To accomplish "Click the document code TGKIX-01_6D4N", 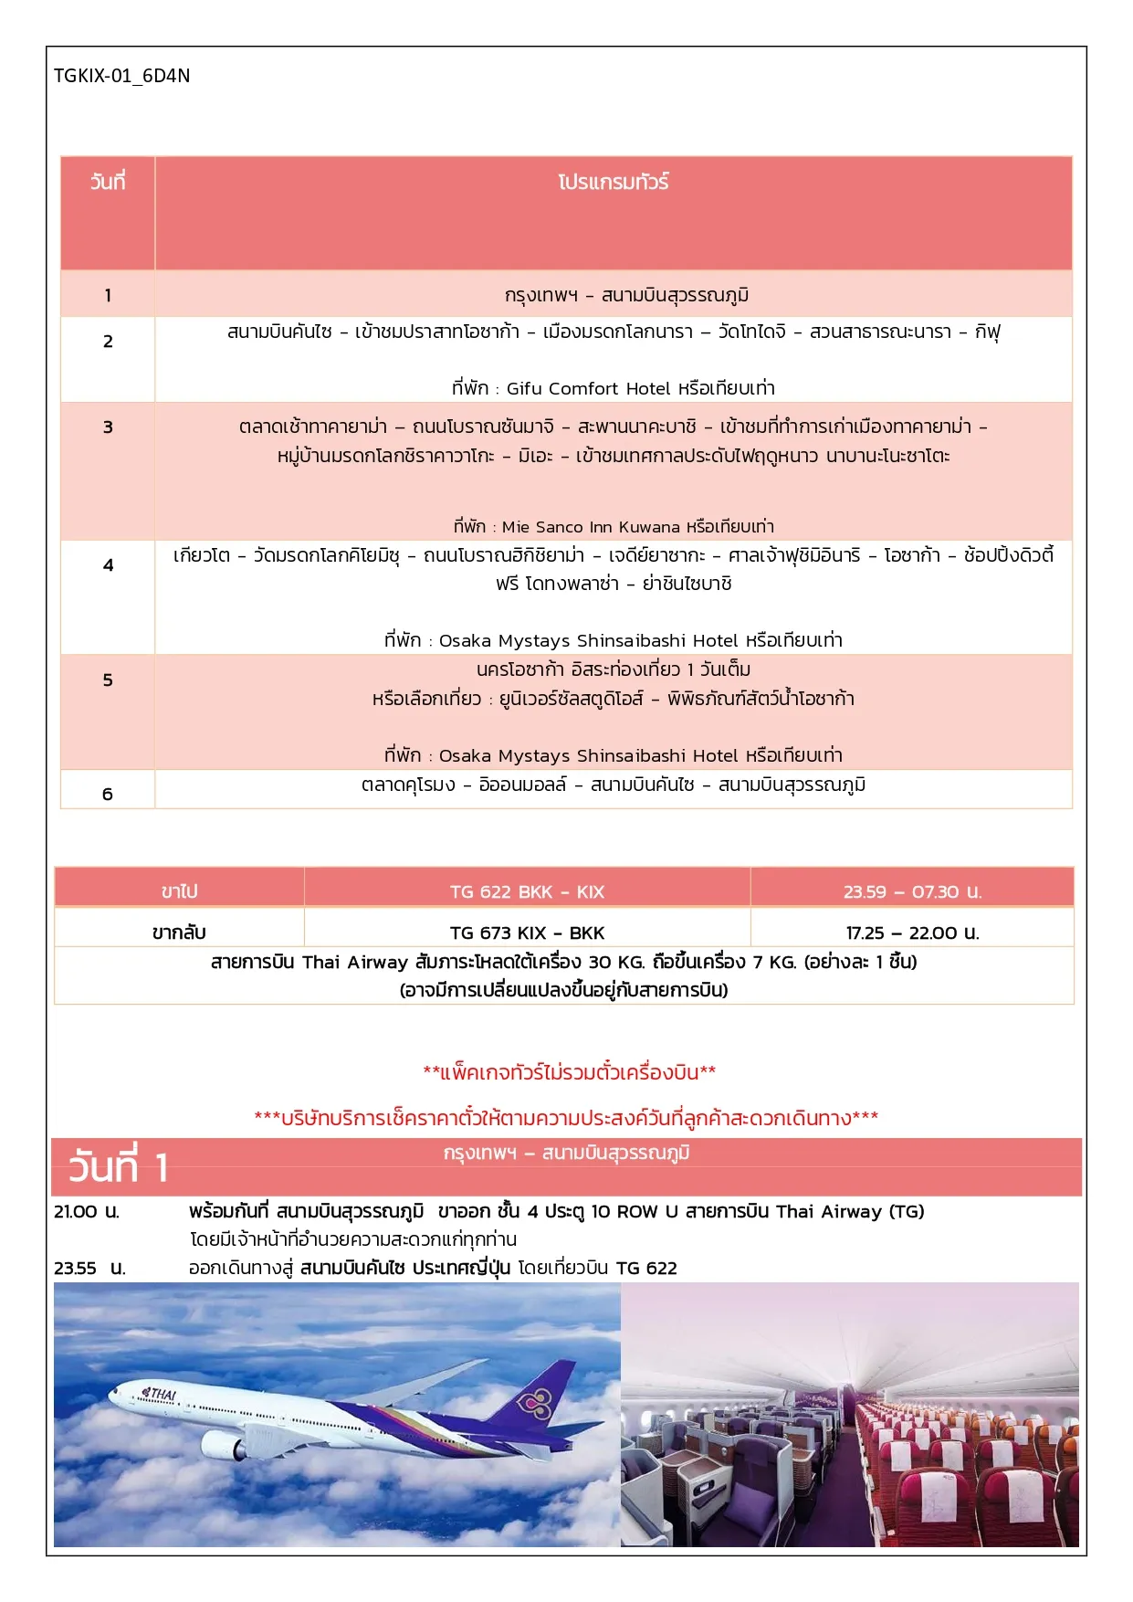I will tap(121, 76).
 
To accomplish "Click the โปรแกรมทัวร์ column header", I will tap(613, 183).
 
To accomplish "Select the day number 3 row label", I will tap(108, 427).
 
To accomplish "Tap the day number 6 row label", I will tap(108, 794).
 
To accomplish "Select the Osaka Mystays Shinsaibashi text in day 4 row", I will tap(588, 640).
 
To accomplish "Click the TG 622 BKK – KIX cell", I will tap(527, 891).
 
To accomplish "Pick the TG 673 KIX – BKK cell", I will tap(527, 933).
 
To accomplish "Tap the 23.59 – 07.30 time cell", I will tap(912, 891).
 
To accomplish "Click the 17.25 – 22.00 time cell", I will tap(912, 933).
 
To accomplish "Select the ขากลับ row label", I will tap(179, 933).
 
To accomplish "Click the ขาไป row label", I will tap(179, 891).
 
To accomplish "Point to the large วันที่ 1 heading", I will tap(119, 1167).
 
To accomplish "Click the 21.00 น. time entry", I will tap(87, 1212).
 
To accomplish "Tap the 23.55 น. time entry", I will tap(89, 1268).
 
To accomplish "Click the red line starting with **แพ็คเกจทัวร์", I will tap(569, 1071).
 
